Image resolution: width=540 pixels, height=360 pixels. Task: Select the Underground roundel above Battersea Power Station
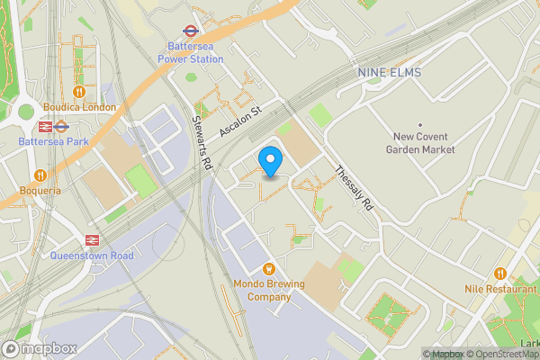(190, 30)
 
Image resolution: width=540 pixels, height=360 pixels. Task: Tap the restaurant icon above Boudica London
(79, 91)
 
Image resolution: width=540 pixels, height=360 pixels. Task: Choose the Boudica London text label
(79, 107)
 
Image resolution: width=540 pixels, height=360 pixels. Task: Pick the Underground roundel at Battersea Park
(60, 126)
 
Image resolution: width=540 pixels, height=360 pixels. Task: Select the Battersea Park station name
(51, 142)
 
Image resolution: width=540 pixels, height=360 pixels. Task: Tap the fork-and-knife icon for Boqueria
(40, 175)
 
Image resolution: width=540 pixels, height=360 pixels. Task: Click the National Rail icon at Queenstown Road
(91, 239)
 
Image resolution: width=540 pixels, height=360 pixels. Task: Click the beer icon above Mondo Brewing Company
(267, 269)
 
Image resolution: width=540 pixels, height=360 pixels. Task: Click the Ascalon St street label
(238, 120)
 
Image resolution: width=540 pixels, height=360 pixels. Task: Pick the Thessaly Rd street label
(352, 188)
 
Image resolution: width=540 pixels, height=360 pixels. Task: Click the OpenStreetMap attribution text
(500, 354)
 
